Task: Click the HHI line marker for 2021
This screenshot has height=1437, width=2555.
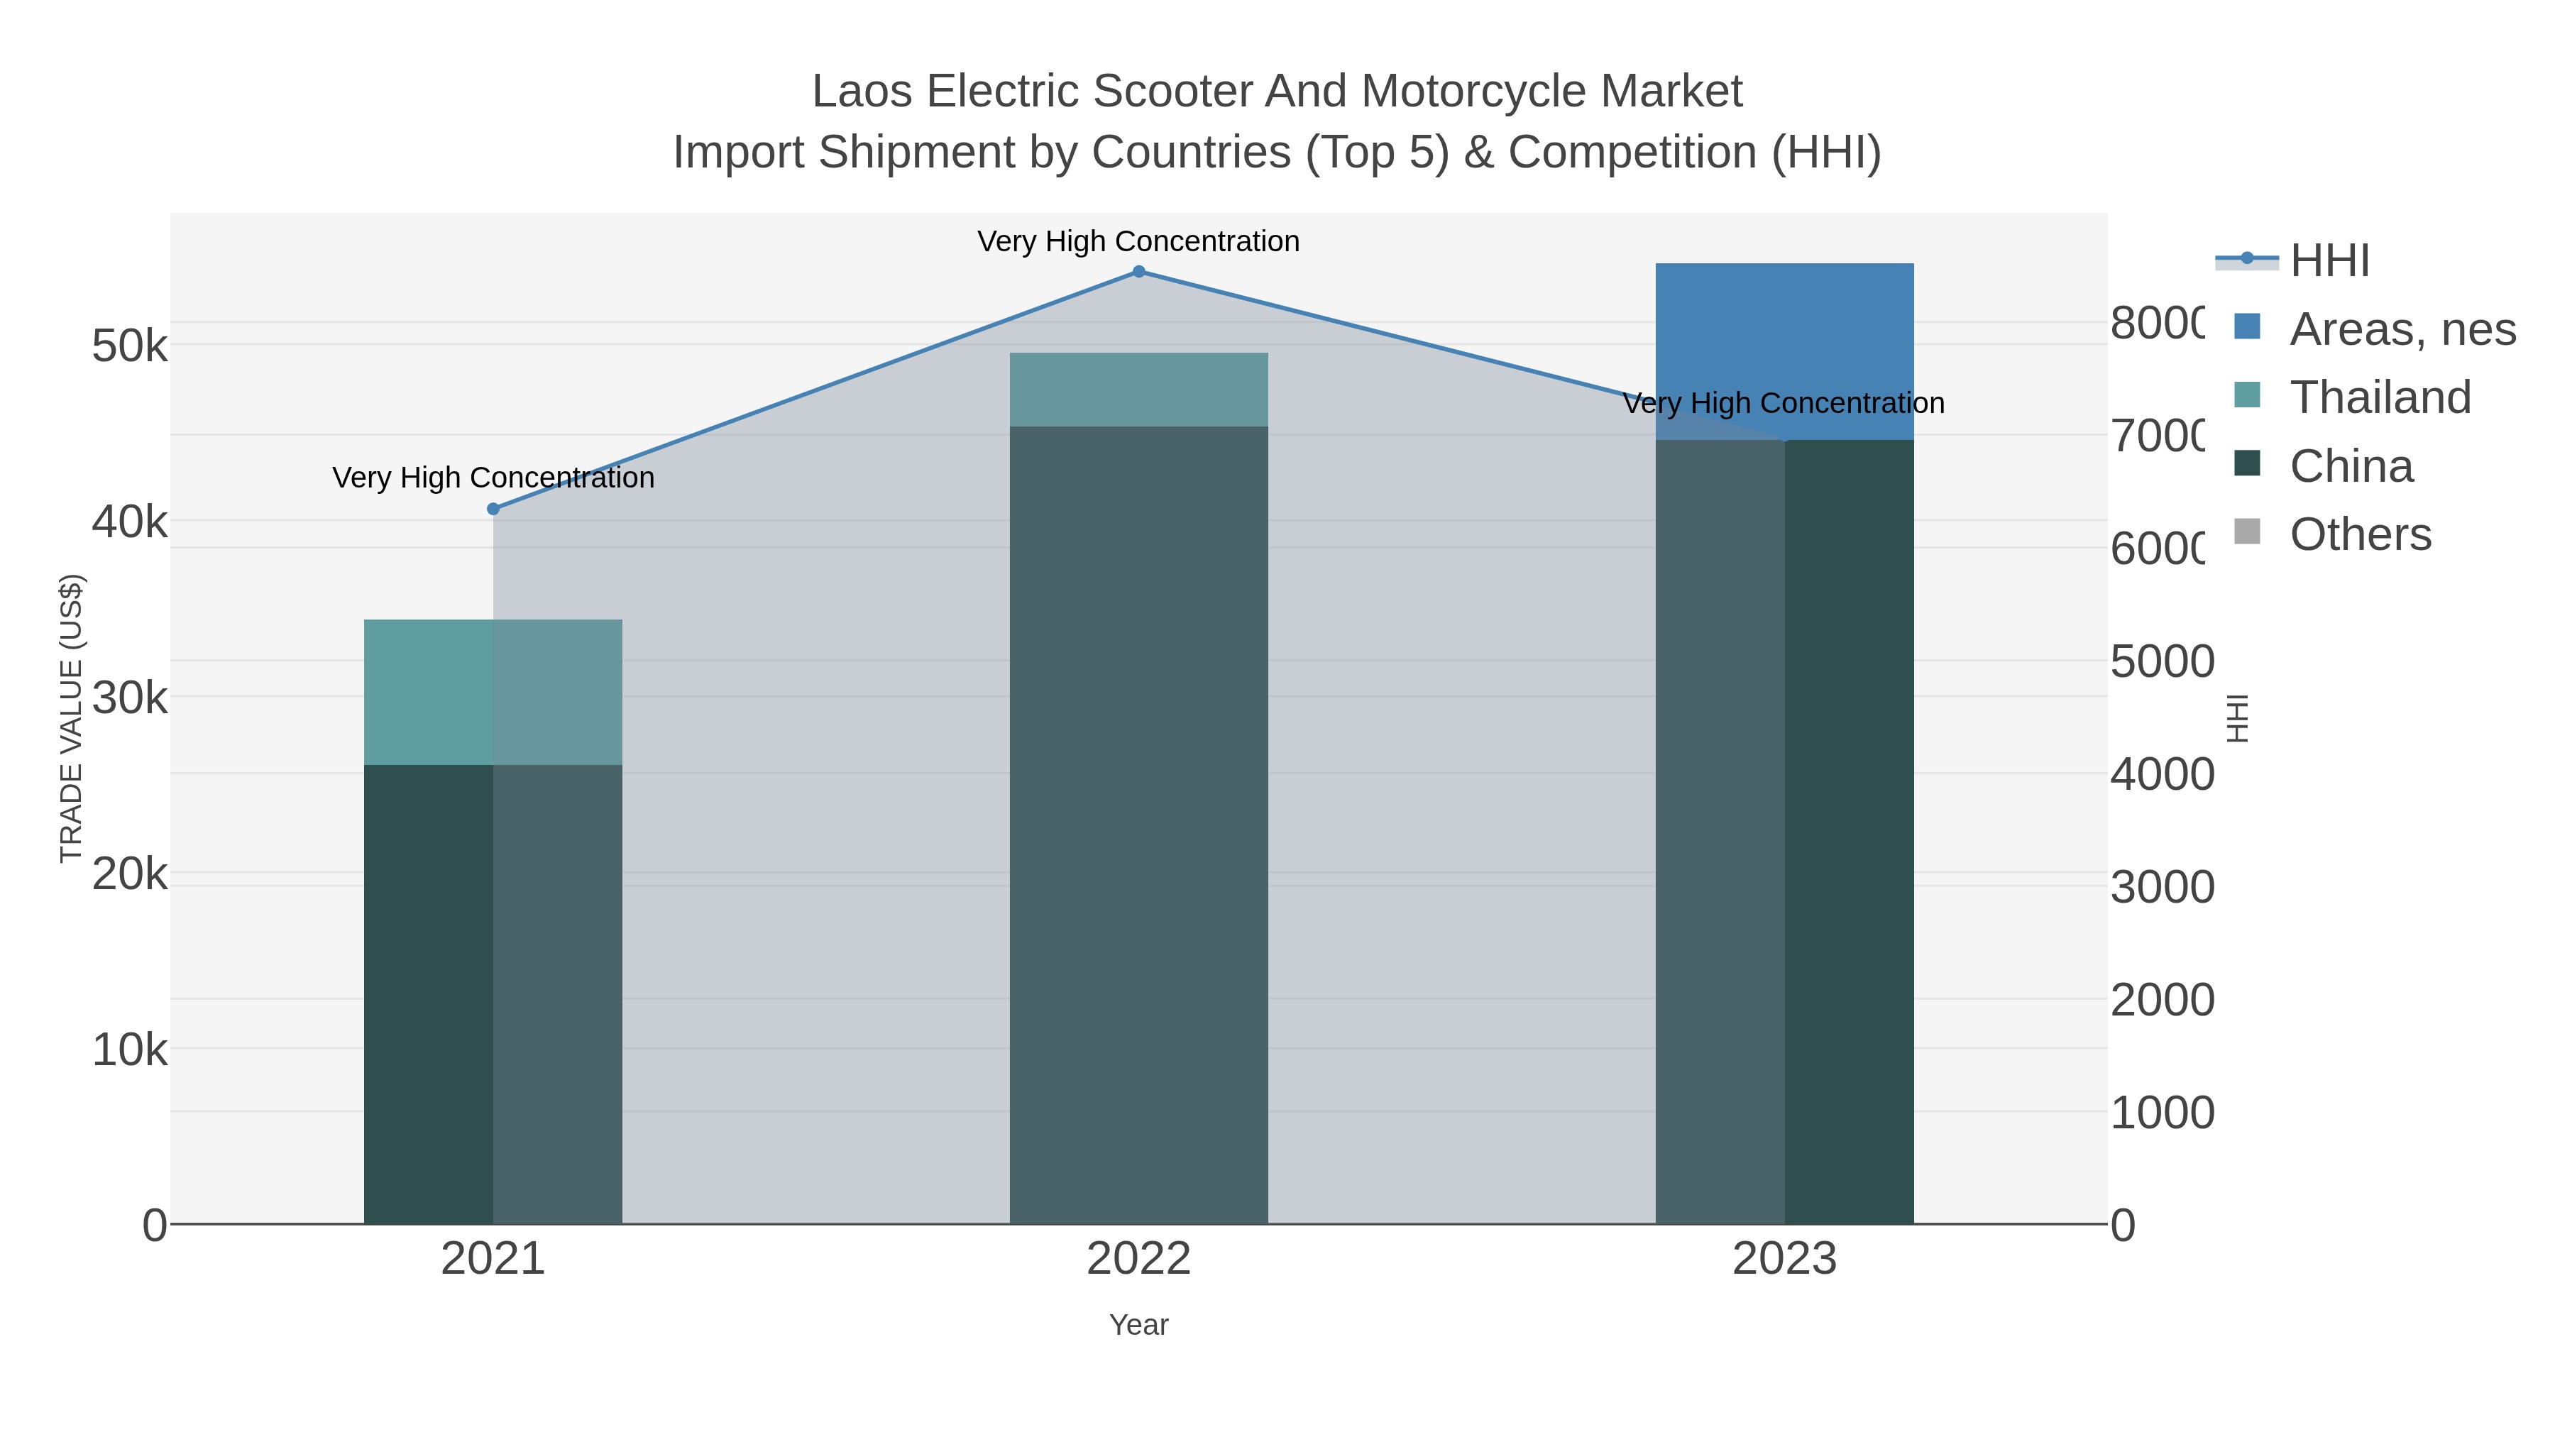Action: (493, 509)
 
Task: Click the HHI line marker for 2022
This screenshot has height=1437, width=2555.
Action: (1138, 272)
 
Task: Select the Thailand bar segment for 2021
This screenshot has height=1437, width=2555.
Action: (493, 692)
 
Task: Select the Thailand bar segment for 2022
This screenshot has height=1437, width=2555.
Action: (1138, 390)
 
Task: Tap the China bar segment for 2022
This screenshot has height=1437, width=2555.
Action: (1138, 823)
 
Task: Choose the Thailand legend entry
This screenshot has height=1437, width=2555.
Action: (2380, 397)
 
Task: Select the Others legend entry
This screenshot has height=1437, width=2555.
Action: (2360, 534)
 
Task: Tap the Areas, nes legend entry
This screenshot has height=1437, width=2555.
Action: (2401, 329)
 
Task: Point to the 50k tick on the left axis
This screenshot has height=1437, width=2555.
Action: (130, 346)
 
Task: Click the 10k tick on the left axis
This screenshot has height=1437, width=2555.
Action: (130, 1050)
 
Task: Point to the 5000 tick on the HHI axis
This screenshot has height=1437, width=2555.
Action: (2161, 661)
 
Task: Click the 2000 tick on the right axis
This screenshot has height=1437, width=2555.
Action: (2161, 1000)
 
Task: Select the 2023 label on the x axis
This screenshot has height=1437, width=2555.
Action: (1784, 1258)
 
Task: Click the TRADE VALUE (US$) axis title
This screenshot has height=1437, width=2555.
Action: (72, 718)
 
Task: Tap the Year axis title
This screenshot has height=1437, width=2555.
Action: (1138, 1325)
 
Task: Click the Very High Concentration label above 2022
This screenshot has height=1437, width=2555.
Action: (1138, 241)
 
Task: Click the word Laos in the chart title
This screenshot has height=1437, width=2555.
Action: (861, 92)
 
